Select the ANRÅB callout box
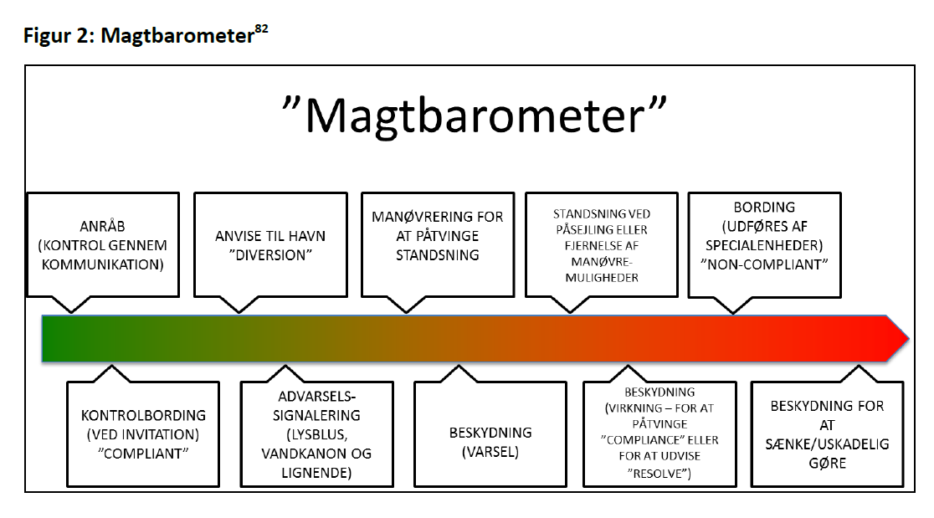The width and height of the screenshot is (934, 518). tap(103, 244)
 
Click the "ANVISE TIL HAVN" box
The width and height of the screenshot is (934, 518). tap(270, 244)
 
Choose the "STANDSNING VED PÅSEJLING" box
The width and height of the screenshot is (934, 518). tap(601, 244)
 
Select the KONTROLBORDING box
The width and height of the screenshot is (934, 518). tap(143, 433)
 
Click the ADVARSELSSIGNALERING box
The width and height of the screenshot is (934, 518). tap(316, 433)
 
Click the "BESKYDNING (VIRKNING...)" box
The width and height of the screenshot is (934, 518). tap(659, 433)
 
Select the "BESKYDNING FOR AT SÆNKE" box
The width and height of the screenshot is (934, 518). tap(827, 433)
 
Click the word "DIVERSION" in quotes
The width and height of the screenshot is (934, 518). tap(270, 255)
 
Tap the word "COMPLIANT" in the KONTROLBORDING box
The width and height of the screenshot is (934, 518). tap(143, 454)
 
